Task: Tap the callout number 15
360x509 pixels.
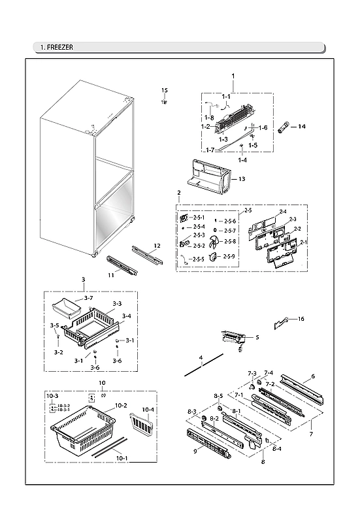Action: (165, 90)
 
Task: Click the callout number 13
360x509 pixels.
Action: (241, 178)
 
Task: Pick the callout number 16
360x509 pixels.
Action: (301, 319)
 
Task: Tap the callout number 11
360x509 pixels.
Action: (110, 276)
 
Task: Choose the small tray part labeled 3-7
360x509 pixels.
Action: (68, 305)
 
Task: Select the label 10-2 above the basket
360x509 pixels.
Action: (121, 406)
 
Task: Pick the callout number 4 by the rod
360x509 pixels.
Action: (201, 357)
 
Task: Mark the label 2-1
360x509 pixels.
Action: (303, 242)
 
